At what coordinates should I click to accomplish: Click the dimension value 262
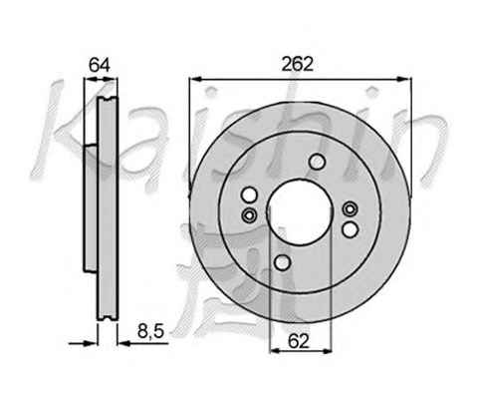[x=297, y=64]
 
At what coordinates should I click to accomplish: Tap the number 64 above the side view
[x=100, y=65]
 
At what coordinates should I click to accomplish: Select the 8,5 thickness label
[x=151, y=331]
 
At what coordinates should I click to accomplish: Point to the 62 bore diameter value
[x=299, y=340]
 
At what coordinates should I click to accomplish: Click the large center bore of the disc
[x=300, y=212]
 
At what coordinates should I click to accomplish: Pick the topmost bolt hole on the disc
[x=317, y=162]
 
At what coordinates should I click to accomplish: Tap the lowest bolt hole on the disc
[x=283, y=262]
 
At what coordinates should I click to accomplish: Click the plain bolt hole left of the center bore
[x=249, y=195]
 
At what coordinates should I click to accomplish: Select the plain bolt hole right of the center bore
[x=351, y=229]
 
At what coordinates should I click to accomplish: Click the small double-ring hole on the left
[x=249, y=215]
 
